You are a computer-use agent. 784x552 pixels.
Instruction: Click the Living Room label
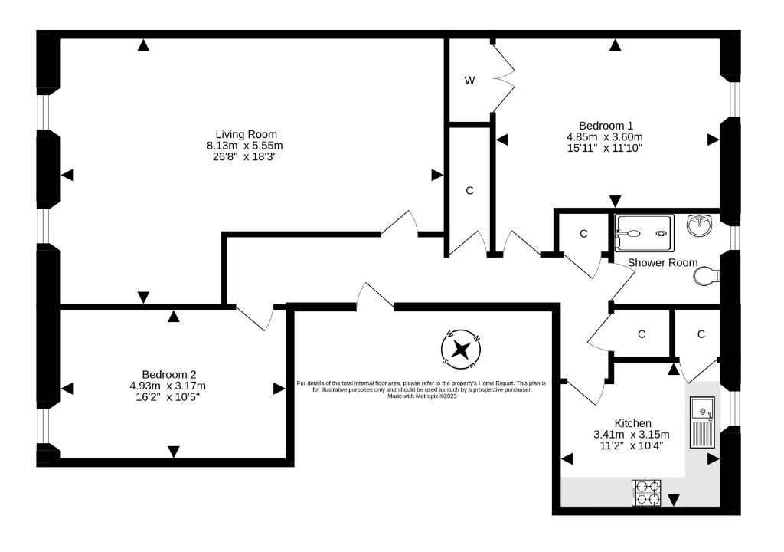pyautogui.click(x=246, y=134)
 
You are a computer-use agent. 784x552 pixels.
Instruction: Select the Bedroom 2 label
pyautogui.click(x=169, y=375)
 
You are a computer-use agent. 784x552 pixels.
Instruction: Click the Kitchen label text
pyautogui.click(x=632, y=423)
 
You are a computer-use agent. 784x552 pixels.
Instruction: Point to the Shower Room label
pyautogui.click(x=662, y=262)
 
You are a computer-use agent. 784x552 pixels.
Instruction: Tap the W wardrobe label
pyautogui.click(x=469, y=80)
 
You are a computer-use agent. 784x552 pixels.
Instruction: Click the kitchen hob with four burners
pyautogui.click(x=646, y=492)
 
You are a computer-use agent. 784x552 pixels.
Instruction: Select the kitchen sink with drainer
pyautogui.click(x=703, y=422)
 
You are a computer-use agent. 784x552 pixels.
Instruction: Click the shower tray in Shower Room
pyautogui.click(x=645, y=233)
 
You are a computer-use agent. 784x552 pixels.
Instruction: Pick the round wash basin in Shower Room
pyautogui.click(x=700, y=225)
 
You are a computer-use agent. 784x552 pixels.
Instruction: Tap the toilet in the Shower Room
pyautogui.click(x=707, y=276)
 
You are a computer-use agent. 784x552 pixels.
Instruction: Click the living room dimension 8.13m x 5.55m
pyautogui.click(x=245, y=146)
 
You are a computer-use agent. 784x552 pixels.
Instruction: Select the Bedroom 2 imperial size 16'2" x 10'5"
pyautogui.click(x=168, y=397)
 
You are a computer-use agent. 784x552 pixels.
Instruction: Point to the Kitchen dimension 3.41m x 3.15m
pyautogui.click(x=632, y=435)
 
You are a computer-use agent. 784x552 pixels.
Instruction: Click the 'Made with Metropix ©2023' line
pyautogui.click(x=422, y=396)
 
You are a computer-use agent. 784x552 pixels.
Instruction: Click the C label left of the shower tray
pyautogui.click(x=583, y=234)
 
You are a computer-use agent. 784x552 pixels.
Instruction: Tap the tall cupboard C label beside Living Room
pyautogui.click(x=469, y=191)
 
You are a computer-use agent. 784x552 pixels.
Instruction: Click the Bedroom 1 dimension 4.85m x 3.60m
pyautogui.click(x=605, y=136)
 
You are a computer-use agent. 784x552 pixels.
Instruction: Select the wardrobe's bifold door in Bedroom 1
pyautogui.click(x=504, y=78)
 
